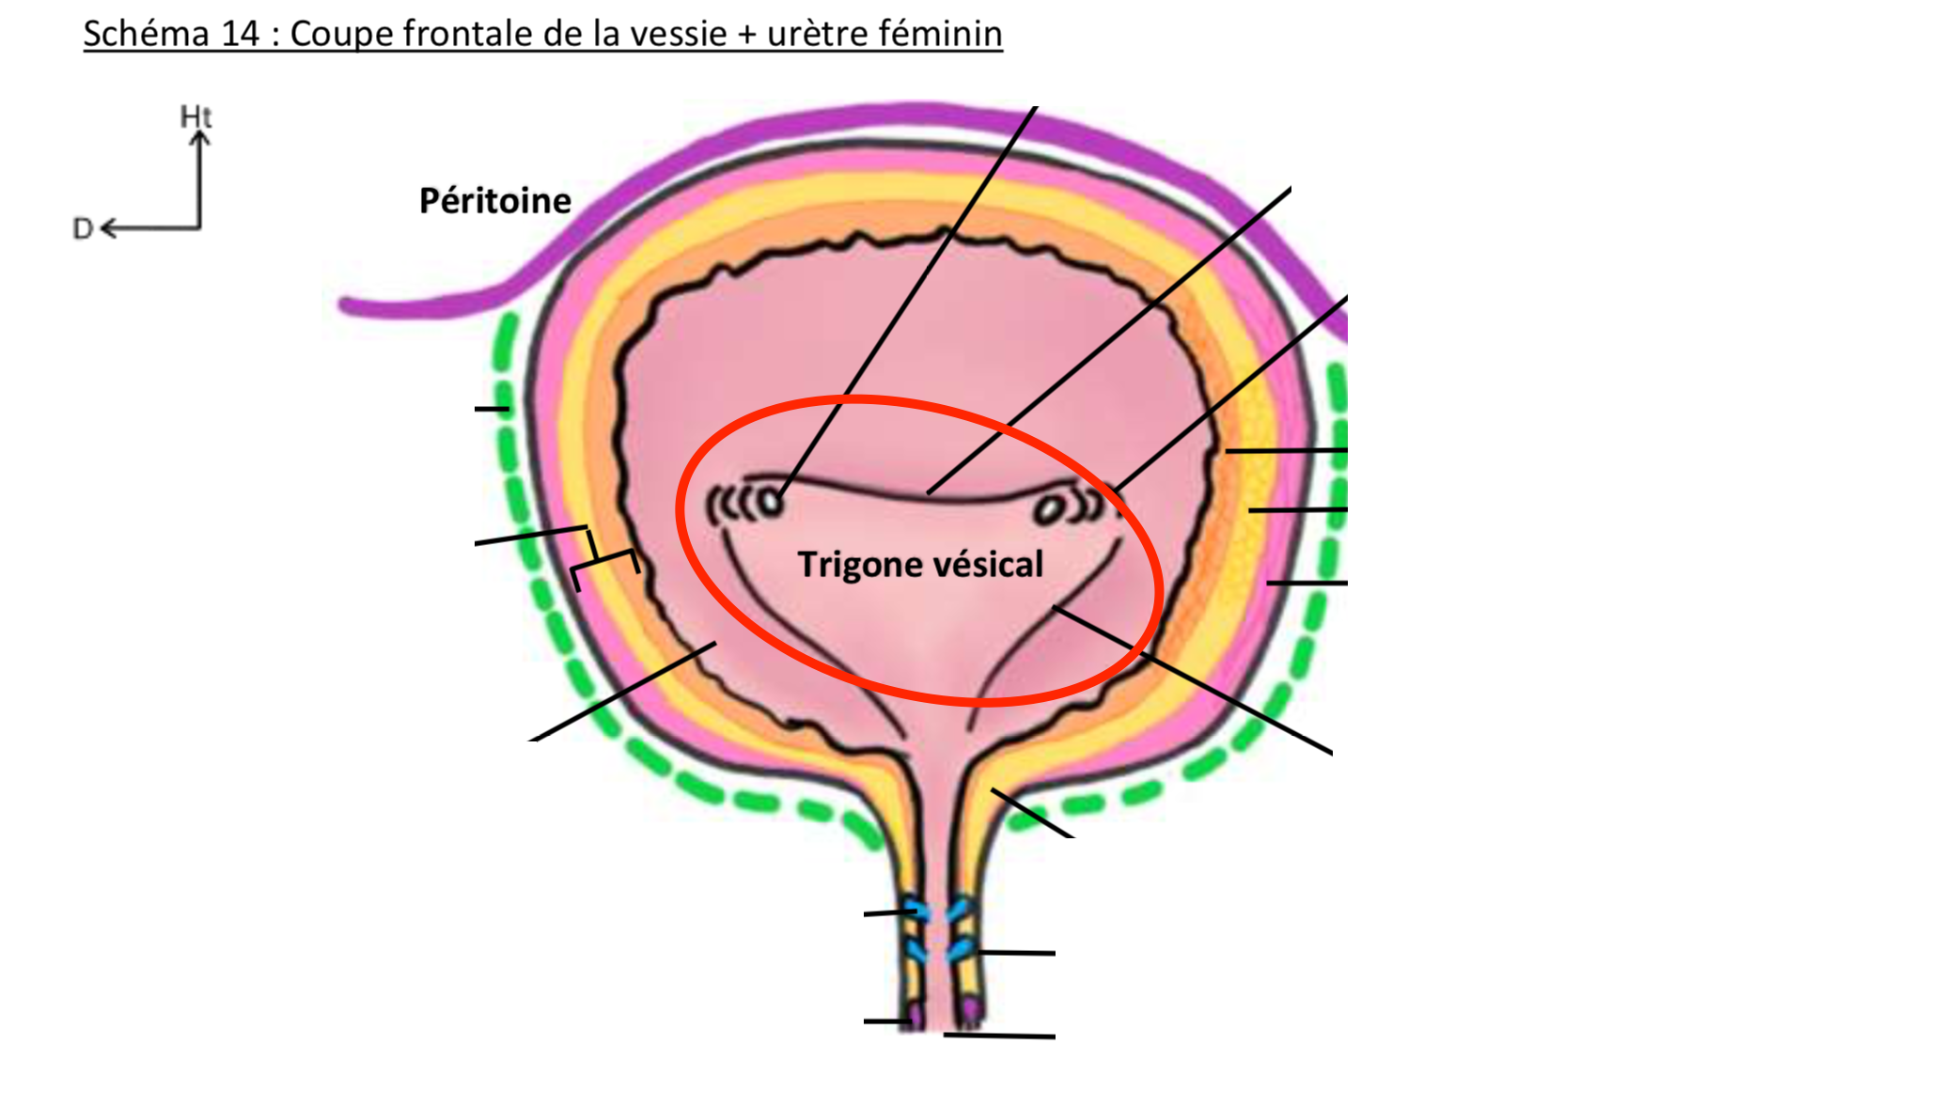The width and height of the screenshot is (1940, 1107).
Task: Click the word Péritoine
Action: pyautogui.click(x=494, y=201)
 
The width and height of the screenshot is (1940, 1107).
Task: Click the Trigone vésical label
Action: pyautogui.click(x=920, y=565)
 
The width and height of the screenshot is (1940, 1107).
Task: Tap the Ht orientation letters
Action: pyautogui.click(x=196, y=117)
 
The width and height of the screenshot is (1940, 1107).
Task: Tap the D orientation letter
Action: pyautogui.click(x=83, y=229)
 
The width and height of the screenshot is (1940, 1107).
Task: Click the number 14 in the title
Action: pyautogui.click(x=240, y=34)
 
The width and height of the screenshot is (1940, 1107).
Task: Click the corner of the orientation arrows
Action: pyautogui.click(x=199, y=227)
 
